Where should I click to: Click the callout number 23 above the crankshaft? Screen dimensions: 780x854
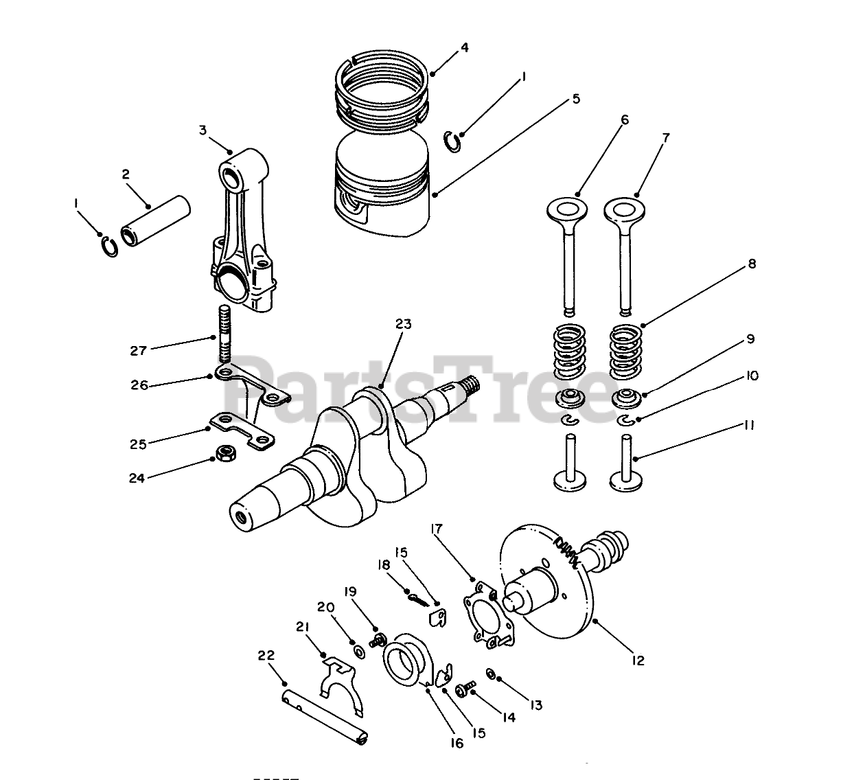tap(403, 324)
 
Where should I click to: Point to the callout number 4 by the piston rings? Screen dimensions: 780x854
tap(465, 48)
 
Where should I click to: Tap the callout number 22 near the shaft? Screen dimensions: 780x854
tap(266, 656)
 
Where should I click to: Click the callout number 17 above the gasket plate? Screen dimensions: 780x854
tap(437, 529)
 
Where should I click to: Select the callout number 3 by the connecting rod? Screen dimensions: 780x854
tap(203, 130)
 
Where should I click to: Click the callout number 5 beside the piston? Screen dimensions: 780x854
tap(575, 99)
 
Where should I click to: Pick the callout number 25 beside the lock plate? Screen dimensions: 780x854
tap(138, 444)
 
